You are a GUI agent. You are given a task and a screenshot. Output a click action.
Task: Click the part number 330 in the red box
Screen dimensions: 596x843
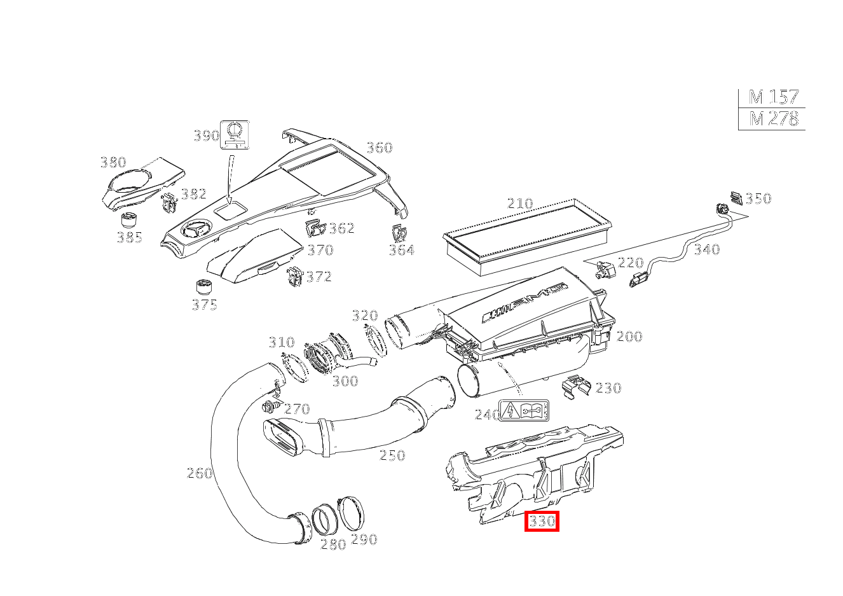542,522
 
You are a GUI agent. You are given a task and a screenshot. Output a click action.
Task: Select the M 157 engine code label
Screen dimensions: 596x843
773,97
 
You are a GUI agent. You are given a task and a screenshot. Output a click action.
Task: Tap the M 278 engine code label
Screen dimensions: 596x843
773,119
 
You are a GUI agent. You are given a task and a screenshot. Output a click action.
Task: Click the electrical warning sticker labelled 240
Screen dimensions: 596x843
524,410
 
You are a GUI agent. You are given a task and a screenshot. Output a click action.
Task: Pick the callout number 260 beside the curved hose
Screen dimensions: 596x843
199,473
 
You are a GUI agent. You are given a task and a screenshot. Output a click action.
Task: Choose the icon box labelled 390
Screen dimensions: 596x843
235,134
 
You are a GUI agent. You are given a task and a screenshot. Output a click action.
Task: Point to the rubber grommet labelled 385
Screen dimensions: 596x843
130,222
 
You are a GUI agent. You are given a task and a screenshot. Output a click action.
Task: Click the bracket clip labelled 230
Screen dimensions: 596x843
577,385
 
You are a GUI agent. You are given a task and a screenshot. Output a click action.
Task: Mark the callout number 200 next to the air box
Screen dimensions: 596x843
629,336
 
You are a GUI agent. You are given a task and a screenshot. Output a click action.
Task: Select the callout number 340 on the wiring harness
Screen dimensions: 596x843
706,249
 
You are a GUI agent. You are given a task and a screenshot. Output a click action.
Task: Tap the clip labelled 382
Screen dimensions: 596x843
169,203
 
